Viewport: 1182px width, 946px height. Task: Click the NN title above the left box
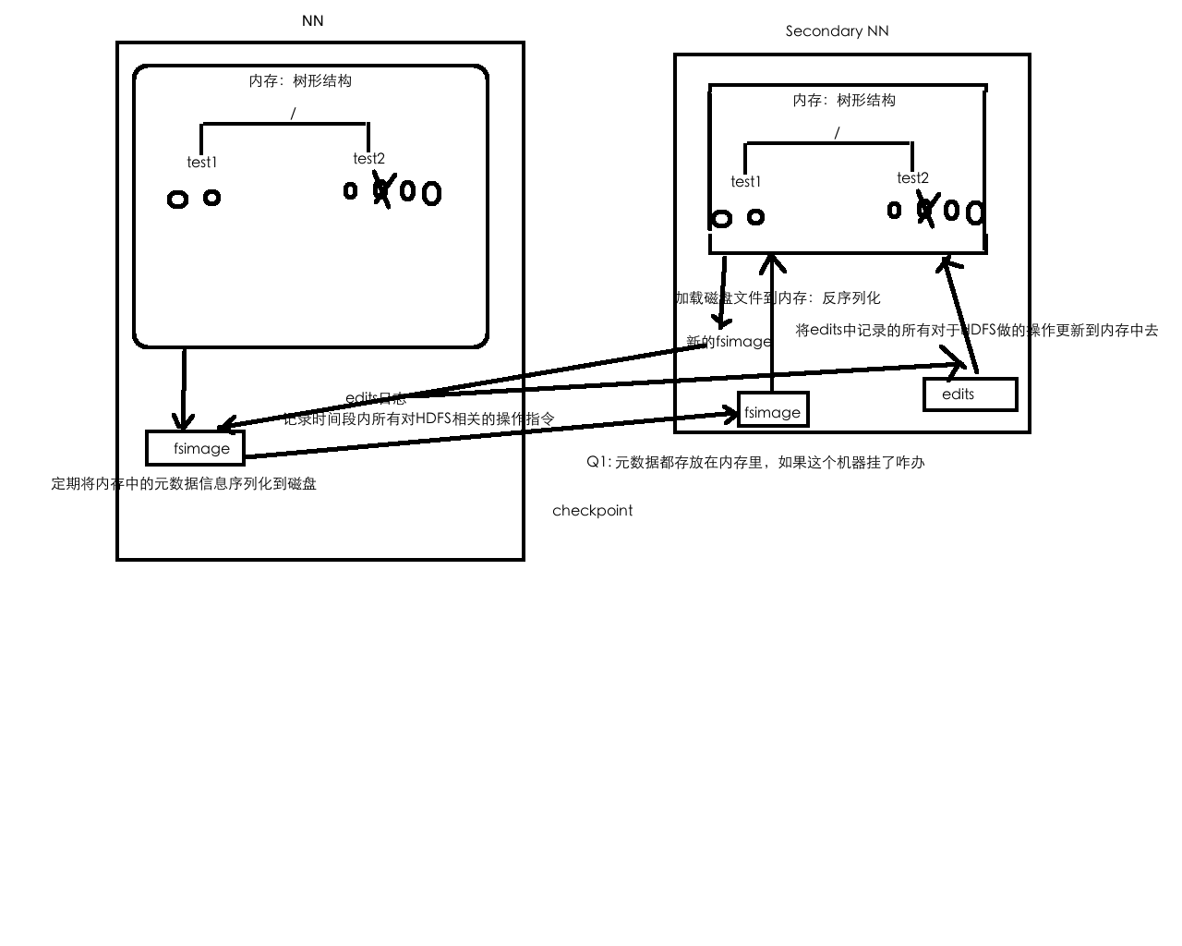[312, 20]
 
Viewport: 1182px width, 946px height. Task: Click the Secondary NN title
[837, 30]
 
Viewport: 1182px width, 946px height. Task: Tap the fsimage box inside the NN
[196, 448]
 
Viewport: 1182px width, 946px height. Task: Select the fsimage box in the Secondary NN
[773, 411]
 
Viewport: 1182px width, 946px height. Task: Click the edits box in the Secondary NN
[970, 394]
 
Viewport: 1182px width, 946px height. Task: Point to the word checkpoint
[592, 510]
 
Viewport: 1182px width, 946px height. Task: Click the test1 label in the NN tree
[202, 163]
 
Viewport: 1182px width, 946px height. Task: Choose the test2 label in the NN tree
[368, 159]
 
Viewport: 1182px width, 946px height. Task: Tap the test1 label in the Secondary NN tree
[745, 182]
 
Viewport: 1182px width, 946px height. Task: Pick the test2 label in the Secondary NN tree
[912, 178]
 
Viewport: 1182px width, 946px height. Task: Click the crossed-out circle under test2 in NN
[381, 191]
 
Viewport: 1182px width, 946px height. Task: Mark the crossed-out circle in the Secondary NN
[925, 211]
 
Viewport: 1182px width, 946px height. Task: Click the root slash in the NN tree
[293, 114]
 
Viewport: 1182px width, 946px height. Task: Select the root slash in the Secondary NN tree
[837, 133]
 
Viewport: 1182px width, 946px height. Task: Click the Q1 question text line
[754, 462]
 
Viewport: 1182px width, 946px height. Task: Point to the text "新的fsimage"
[729, 342]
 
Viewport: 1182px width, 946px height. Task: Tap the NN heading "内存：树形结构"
[300, 80]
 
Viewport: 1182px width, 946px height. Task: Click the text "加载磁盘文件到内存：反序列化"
[778, 297]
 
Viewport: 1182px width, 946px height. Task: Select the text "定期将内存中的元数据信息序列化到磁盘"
[184, 483]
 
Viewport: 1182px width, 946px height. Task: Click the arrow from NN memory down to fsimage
[184, 388]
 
